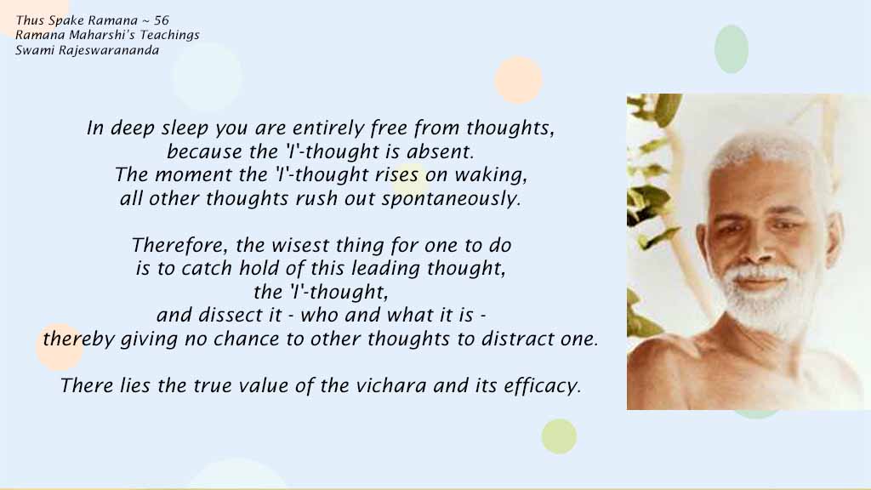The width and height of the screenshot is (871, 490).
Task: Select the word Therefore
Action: coord(179,246)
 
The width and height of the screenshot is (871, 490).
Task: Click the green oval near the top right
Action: coord(731,48)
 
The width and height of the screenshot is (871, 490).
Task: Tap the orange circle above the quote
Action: coord(518,80)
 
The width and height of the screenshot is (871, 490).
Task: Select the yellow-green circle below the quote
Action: coord(559,436)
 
